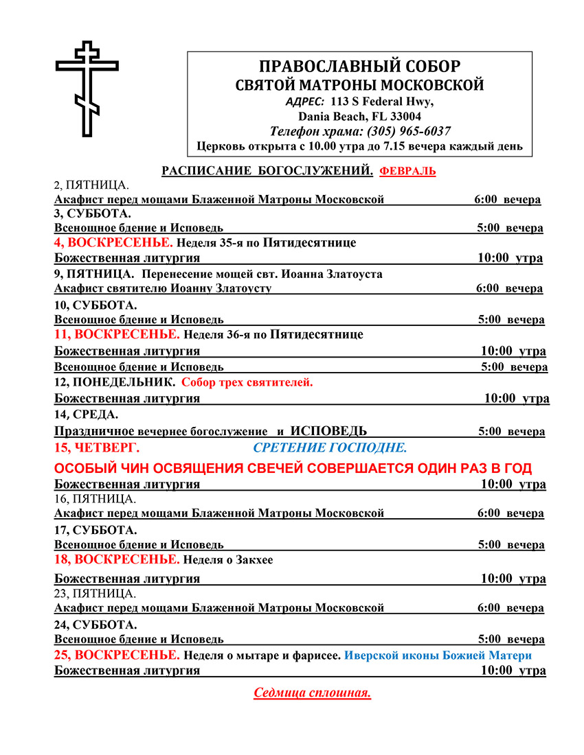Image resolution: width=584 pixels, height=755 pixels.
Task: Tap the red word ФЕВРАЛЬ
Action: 407,171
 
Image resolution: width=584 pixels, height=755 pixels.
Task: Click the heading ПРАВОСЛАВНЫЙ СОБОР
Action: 359,67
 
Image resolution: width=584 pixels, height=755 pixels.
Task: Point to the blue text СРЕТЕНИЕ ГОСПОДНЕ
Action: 330,448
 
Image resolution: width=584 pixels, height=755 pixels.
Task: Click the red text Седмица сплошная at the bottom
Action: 313,693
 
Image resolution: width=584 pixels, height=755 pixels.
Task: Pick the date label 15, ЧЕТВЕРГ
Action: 96,448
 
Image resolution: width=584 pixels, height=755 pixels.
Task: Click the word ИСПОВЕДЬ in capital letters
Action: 328,431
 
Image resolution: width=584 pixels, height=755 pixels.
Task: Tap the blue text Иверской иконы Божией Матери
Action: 438,655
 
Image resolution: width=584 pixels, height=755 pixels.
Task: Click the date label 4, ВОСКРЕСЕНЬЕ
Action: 114,242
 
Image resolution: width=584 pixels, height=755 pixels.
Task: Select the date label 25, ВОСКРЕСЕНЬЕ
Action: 117,655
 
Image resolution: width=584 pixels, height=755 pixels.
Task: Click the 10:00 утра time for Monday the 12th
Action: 516,398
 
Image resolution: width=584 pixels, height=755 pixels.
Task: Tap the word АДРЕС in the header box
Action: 305,101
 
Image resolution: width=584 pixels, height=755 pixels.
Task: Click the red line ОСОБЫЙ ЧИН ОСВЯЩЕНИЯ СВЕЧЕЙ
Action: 293,468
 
